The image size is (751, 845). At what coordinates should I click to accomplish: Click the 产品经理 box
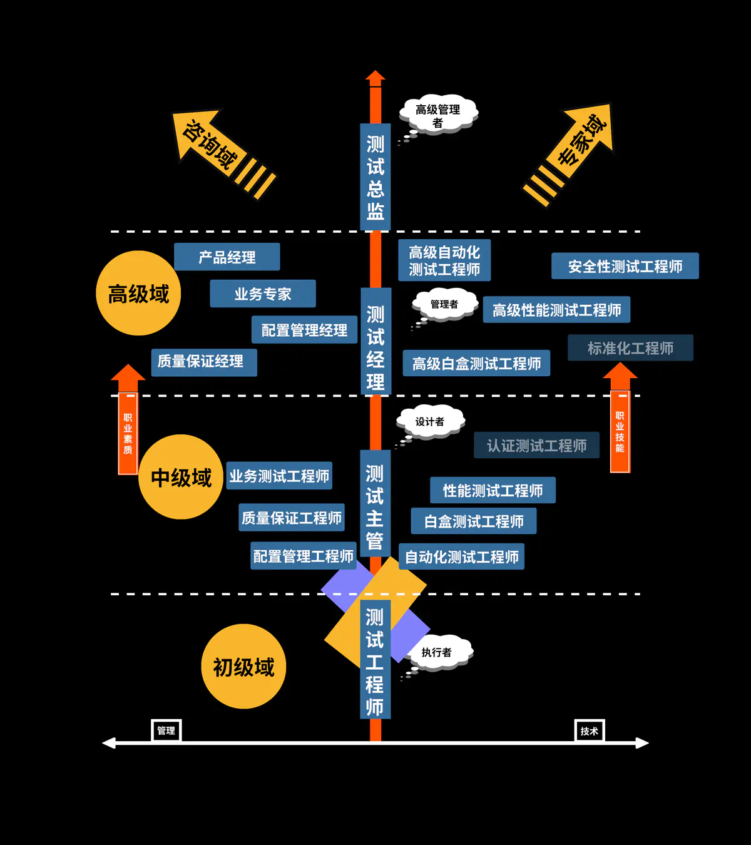pyautogui.click(x=227, y=257)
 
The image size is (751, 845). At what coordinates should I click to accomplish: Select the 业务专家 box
pyautogui.click(x=263, y=294)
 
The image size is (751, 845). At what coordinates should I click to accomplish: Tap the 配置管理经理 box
pyautogui.click(x=304, y=330)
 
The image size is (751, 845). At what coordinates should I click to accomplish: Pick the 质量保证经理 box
pyautogui.click(x=203, y=362)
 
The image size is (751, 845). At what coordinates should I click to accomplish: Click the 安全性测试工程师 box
pyautogui.click(x=625, y=267)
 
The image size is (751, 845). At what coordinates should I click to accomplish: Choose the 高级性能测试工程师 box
pyautogui.click(x=556, y=310)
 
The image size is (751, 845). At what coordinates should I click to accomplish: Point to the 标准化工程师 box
pyautogui.click(x=630, y=348)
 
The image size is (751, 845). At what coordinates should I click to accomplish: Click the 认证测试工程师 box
pyautogui.click(x=536, y=446)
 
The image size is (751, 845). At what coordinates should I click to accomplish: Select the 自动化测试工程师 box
pyautogui.click(x=461, y=556)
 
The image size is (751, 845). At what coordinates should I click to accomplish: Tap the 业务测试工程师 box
pyautogui.click(x=279, y=476)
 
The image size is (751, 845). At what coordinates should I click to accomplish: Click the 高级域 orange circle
pyautogui.click(x=138, y=294)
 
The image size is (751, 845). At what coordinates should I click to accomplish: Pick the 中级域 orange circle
pyautogui.click(x=181, y=478)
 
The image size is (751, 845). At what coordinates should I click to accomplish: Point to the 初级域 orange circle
pyautogui.click(x=243, y=667)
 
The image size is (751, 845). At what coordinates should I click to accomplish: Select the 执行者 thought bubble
pyautogui.click(x=438, y=652)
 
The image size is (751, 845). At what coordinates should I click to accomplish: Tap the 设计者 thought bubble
pyautogui.click(x=431, y=422)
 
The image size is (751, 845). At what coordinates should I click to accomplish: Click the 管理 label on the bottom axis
pyautogui.click(x=166, y=730)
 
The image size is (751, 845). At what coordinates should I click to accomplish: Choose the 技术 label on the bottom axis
pyautogui.click(x=589, y=730)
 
